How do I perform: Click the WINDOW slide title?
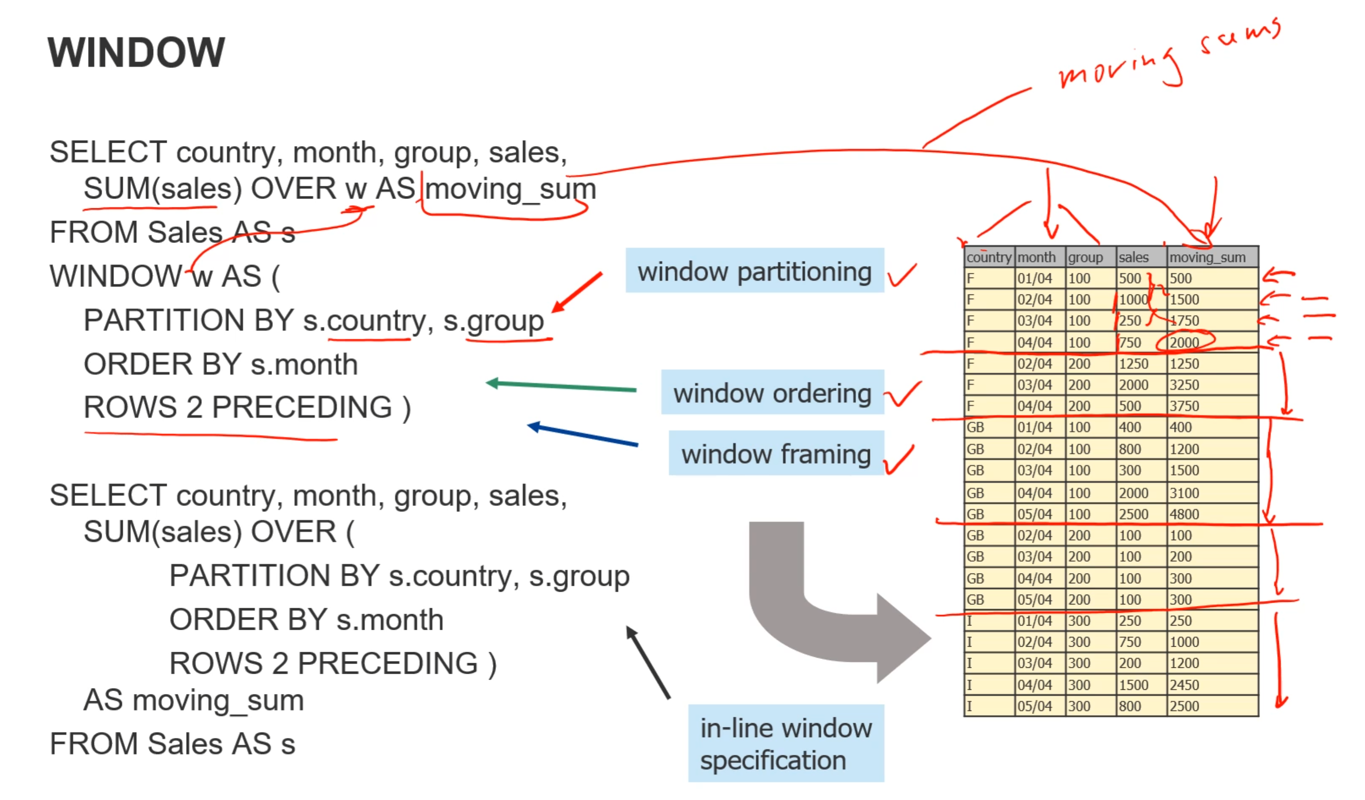coord(136,52)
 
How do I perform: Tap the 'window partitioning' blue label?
coord(754,271)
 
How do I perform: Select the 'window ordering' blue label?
coord(772,392)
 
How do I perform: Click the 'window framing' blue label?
coord(776,454)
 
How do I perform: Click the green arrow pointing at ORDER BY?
coord(561,386)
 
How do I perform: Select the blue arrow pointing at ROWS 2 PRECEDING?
coord(582,435)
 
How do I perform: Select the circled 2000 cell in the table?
coord(1185,343)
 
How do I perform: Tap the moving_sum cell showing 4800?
coord(1185,514)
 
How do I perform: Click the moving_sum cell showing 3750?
coord(1185,406)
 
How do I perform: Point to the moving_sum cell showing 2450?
coord(1185,685)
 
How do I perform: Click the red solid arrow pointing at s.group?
coord(577,293)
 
